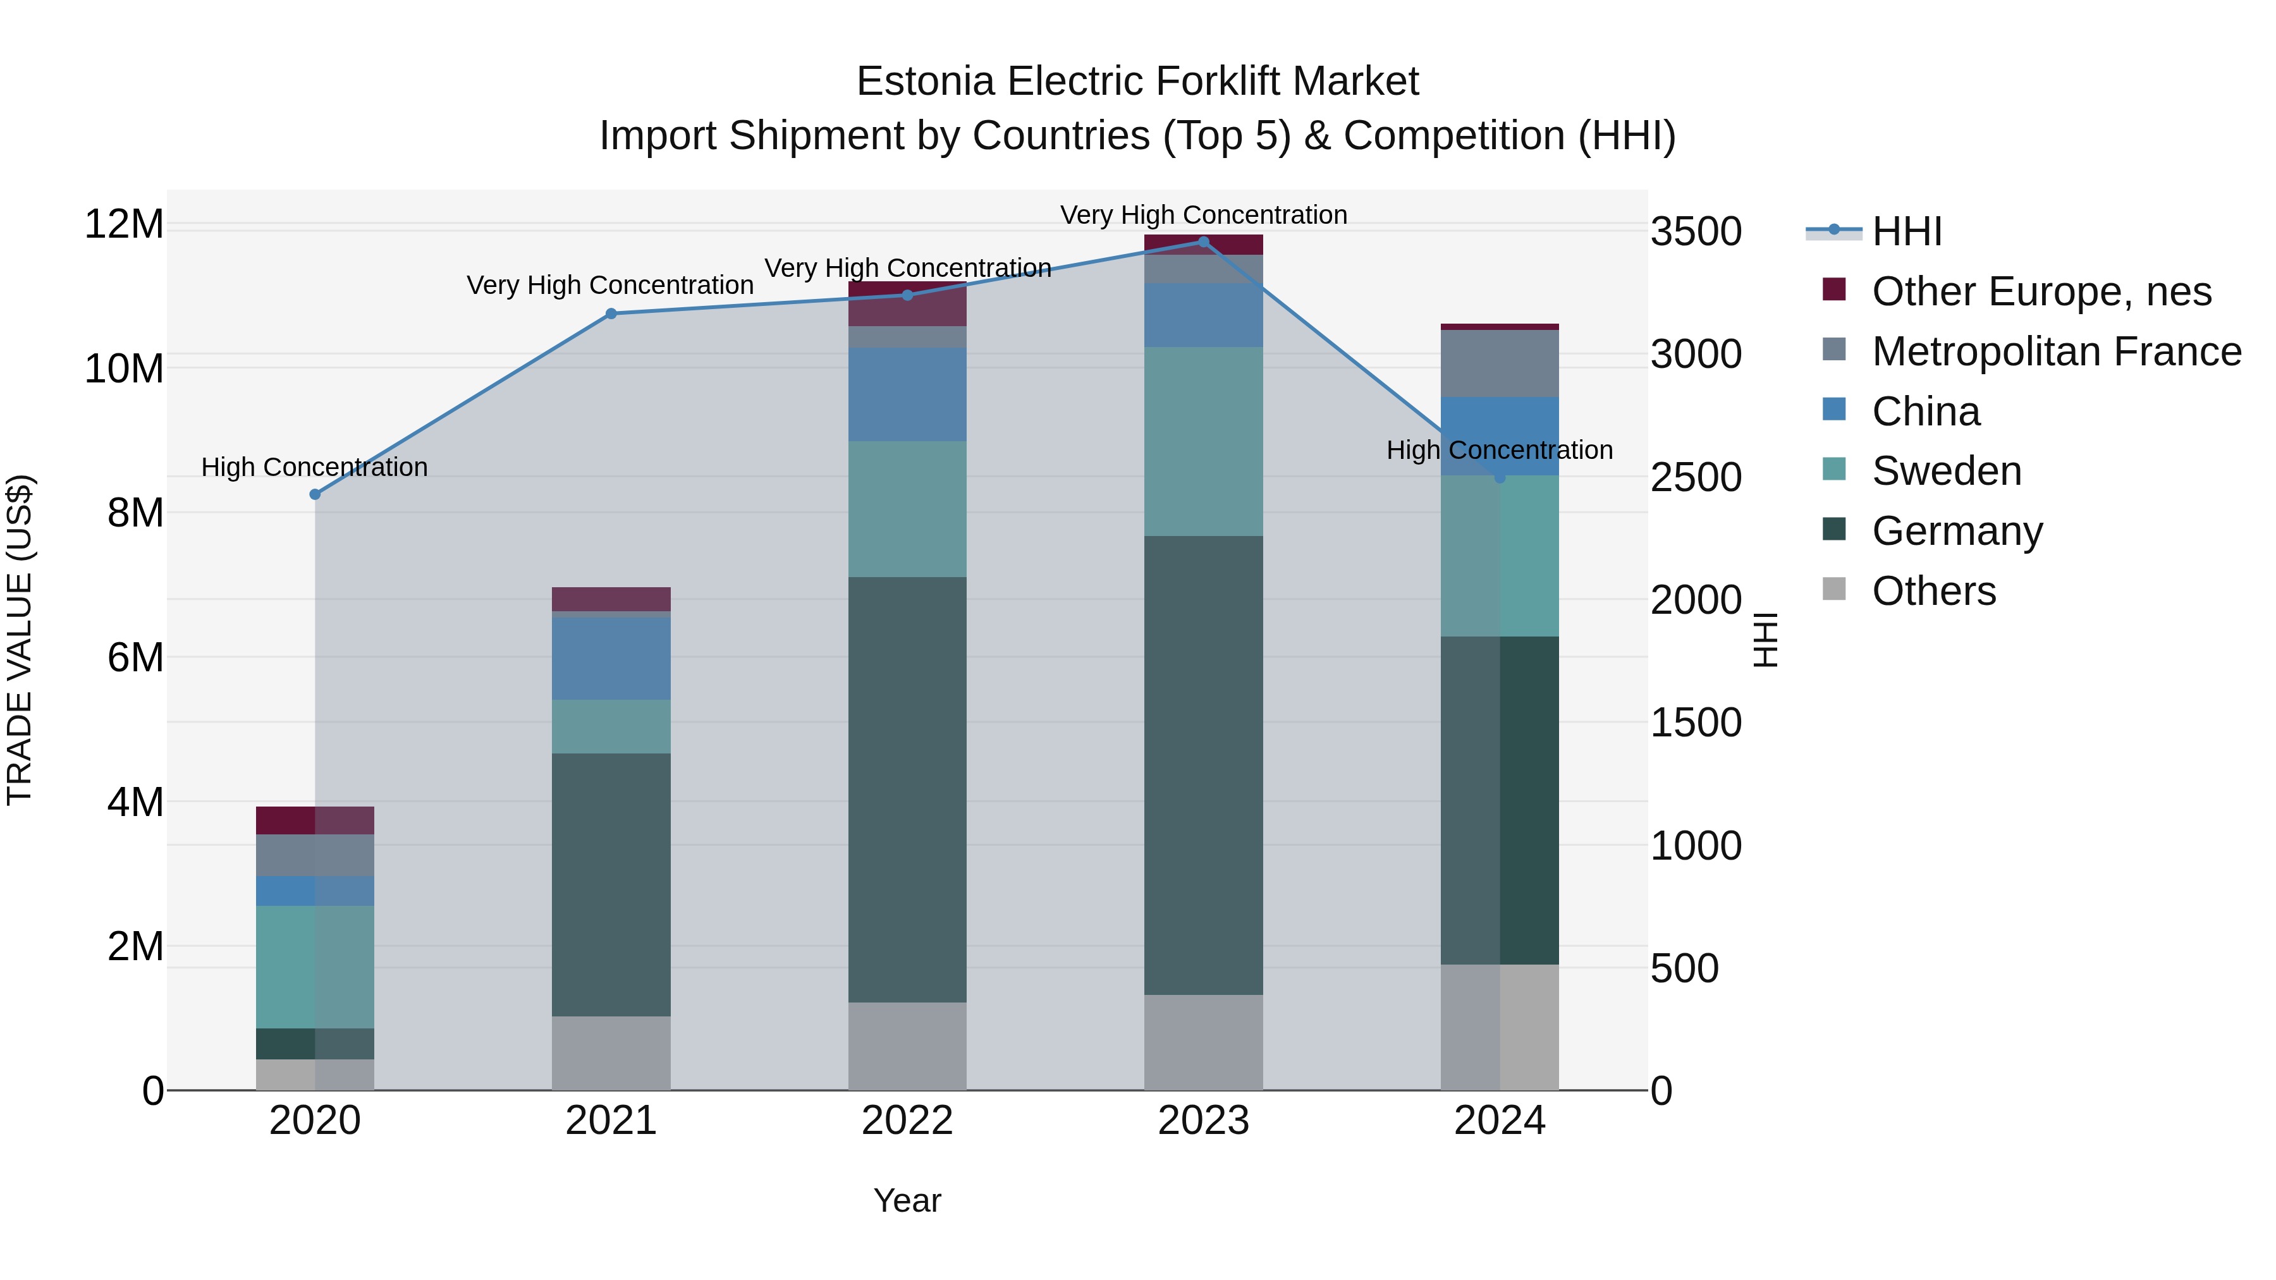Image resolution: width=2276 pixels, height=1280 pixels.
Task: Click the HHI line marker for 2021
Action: [611, 314]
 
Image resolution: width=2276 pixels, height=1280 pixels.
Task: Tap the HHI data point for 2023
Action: [1203, 242]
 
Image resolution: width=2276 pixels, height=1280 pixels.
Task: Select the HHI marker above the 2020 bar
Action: [315, 495]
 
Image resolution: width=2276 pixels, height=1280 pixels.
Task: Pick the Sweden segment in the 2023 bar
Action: [1203, 442]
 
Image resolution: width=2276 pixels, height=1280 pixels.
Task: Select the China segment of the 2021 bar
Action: [611, 658]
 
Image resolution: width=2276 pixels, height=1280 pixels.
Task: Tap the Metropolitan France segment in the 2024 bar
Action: [1500, 364]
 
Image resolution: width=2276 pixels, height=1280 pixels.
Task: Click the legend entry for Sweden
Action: [1947, 471]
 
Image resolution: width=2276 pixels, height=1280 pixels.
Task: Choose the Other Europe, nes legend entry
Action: [2041, 291]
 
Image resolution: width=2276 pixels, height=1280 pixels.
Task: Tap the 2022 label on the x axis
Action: [907, 1121]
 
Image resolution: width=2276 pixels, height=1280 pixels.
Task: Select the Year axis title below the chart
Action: [907, 1200]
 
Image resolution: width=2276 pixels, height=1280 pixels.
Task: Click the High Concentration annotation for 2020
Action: [315, 466]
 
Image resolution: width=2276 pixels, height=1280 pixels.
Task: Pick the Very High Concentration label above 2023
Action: [1203, 215]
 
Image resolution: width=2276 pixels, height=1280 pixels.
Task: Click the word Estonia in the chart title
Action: [927, 82]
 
